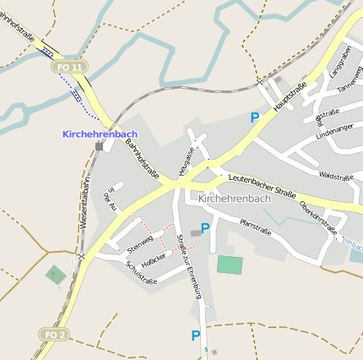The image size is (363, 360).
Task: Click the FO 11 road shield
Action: pos(69,66)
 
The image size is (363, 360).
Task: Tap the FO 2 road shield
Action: pos(55,335)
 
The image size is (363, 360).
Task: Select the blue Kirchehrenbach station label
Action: pos(99,134)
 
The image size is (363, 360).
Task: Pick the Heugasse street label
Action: pos(188,160)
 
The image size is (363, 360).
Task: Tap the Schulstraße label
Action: pos(140,274)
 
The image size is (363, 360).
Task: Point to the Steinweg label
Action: pos(140,245)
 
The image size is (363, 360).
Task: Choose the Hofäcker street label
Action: pos(160,259)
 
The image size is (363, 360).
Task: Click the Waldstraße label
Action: pos(335,177)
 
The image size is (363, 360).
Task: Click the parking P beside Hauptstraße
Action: pos(255,118)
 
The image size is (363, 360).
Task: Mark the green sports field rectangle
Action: pos(229,264)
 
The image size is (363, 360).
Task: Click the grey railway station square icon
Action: pos(99,146)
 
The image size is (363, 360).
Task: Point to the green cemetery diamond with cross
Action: pos(55,274)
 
